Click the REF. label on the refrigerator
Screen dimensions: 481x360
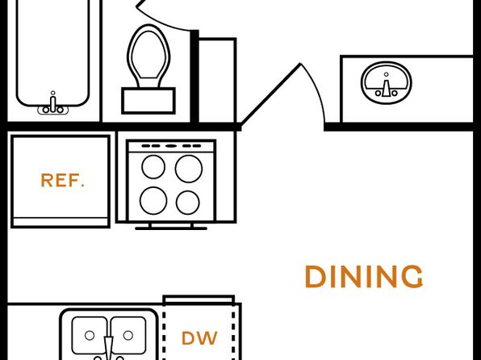(x=63, y=180)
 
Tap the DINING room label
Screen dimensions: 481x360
(x=364, y=277)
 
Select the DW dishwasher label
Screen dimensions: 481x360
(x=199, y=338)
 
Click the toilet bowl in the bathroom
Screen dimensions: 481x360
(x=148, y=56)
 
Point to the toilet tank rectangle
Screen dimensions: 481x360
(x=148, y=101)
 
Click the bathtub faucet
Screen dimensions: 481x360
(x=53, y=105)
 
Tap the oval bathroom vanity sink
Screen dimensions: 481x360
(x=387, y=83)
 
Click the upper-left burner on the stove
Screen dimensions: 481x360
(x=153, y=167)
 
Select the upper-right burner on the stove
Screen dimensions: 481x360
(x=189, y=169)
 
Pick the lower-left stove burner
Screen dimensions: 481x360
(x=153, y=201)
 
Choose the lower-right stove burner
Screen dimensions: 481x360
(x=188, y=203)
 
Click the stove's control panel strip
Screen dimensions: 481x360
(x=171, y=146)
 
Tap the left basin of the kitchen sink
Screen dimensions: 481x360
(x=90, y=335)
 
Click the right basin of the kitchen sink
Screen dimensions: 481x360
(x=128, y=335)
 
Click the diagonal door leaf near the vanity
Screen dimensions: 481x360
(x=270, y=94)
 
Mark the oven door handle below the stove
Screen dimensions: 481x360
(x=171, y=228)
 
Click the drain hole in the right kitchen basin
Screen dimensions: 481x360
(x=128, y=336)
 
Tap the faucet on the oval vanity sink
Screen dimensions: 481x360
(x=387, y=86)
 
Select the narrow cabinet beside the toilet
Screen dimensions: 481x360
(x=217, y=81)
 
